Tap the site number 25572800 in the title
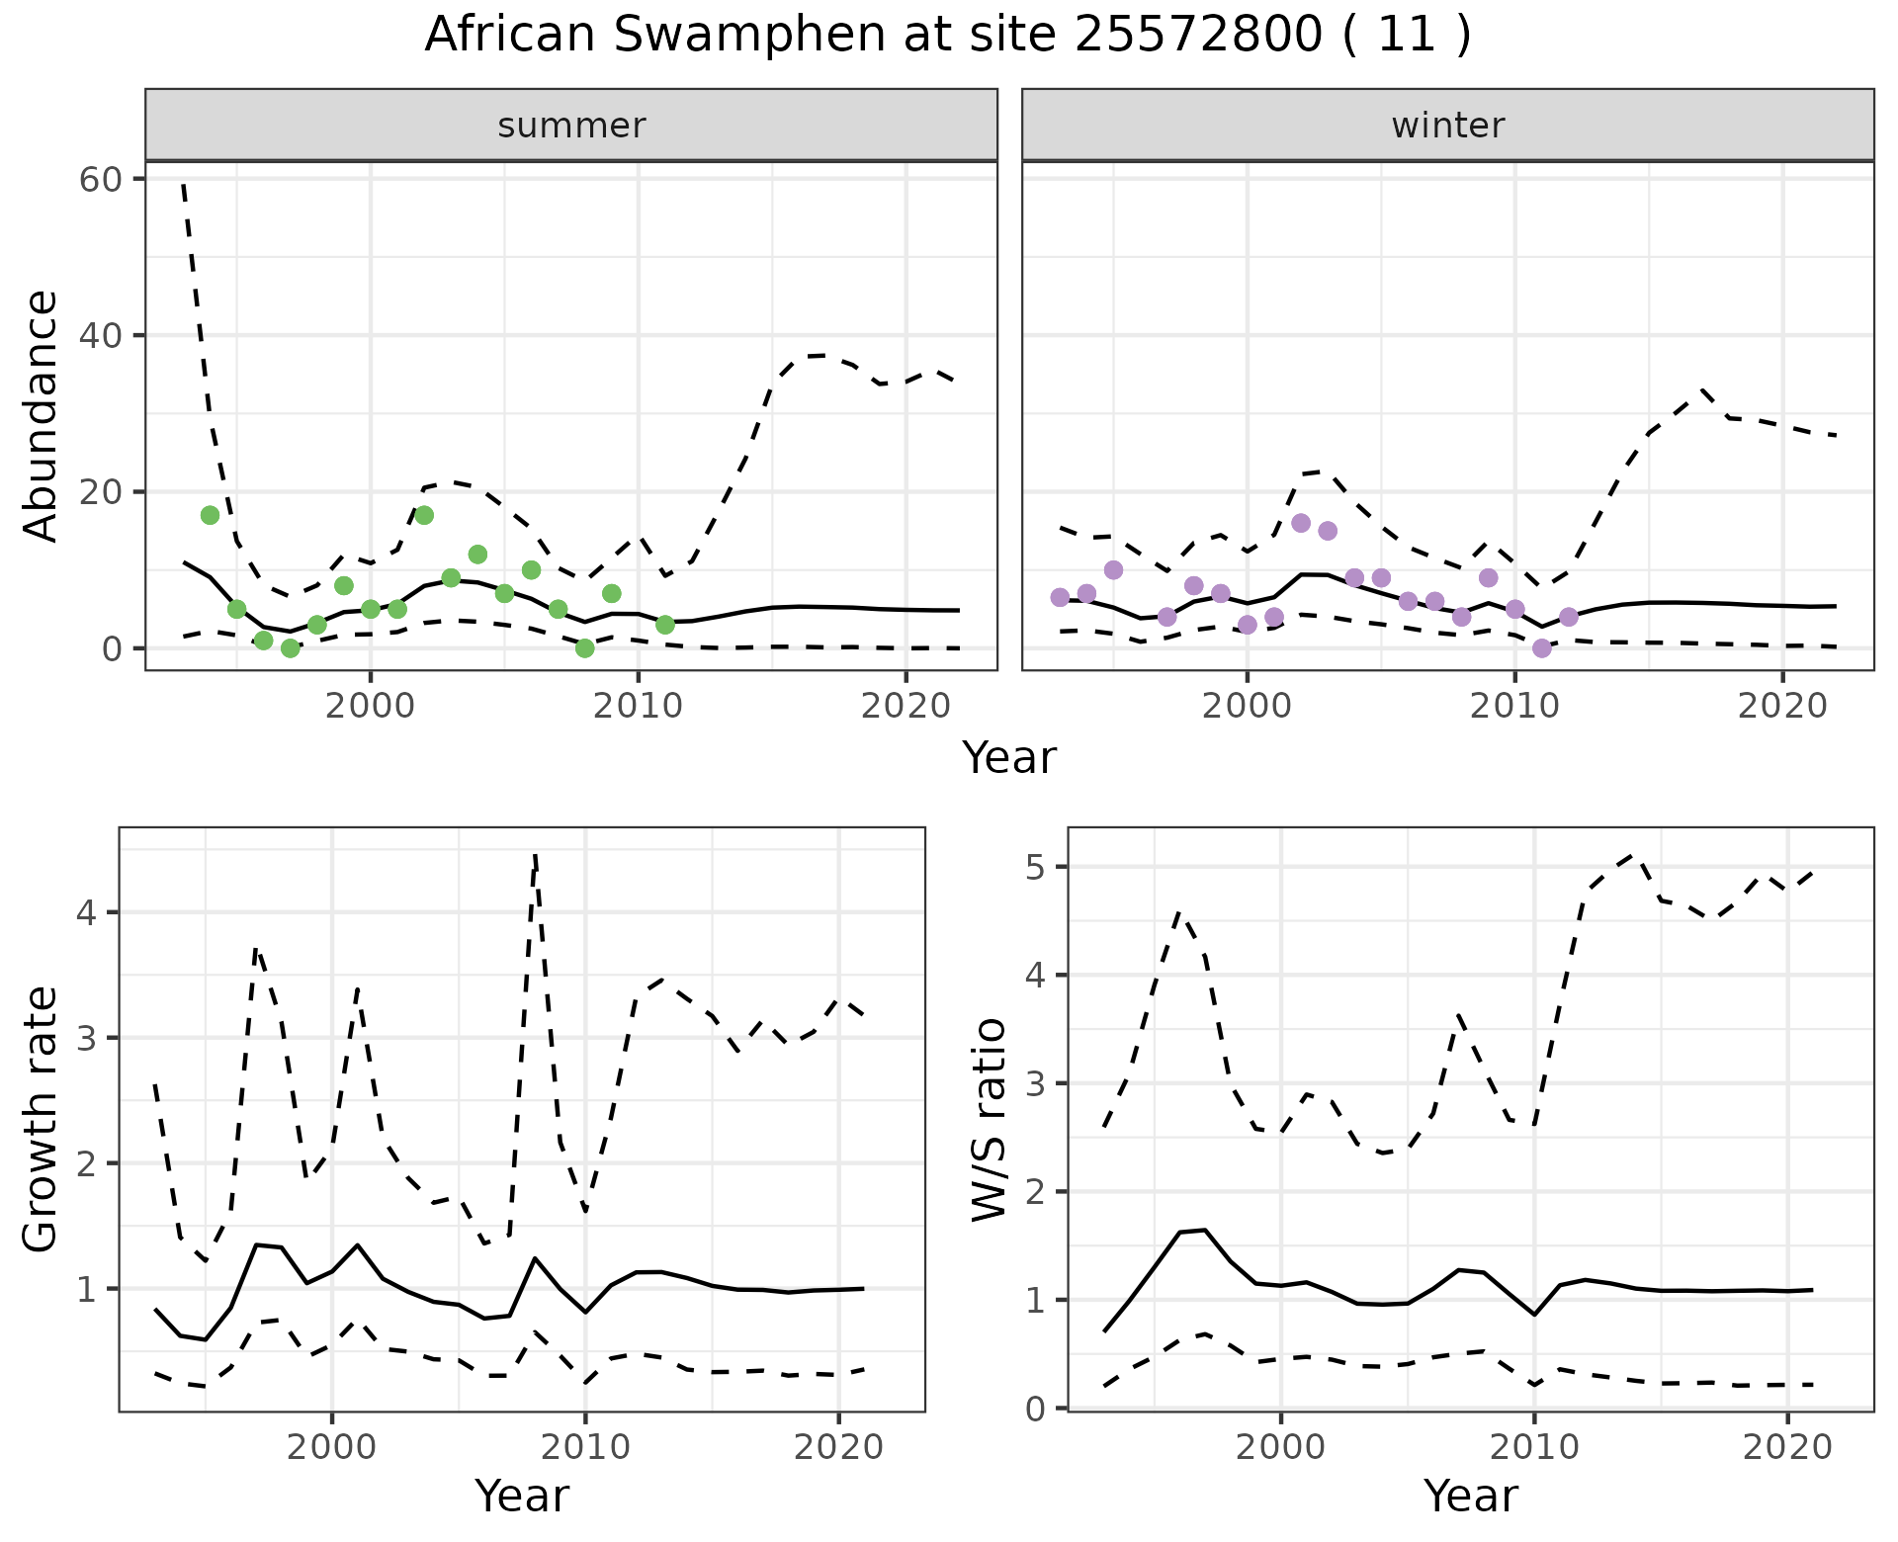pos(1197,36)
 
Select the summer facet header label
pos(571,126)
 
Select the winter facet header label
pos(1447,126)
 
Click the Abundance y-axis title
pos(42,415)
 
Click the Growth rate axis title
pos(42,1120)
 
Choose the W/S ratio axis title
pos(989,1120)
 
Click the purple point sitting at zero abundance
pos(1541,648)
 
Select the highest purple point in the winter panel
pos(1301,523)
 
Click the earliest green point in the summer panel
pos(210,515)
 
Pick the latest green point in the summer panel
pos(665,625)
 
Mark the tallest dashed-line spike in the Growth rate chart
pos(535,856)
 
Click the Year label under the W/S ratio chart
pos(1470,1496)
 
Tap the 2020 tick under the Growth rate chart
pos(838,1448)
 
